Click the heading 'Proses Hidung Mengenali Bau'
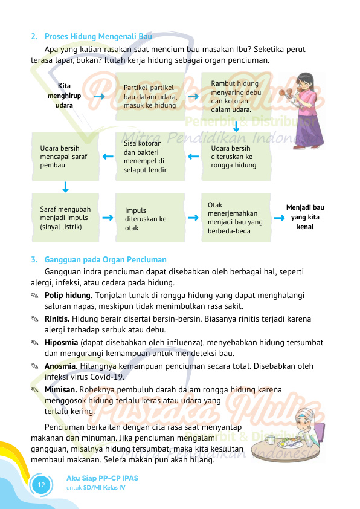tap(98, 36)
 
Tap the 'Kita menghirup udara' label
tap(60, 96)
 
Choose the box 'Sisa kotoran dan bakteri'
tap(150, 157)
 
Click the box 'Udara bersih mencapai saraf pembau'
tap(65, 156)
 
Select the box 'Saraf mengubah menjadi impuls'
tap(65, 218)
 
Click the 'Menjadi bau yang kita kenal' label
tap(305, 217)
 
